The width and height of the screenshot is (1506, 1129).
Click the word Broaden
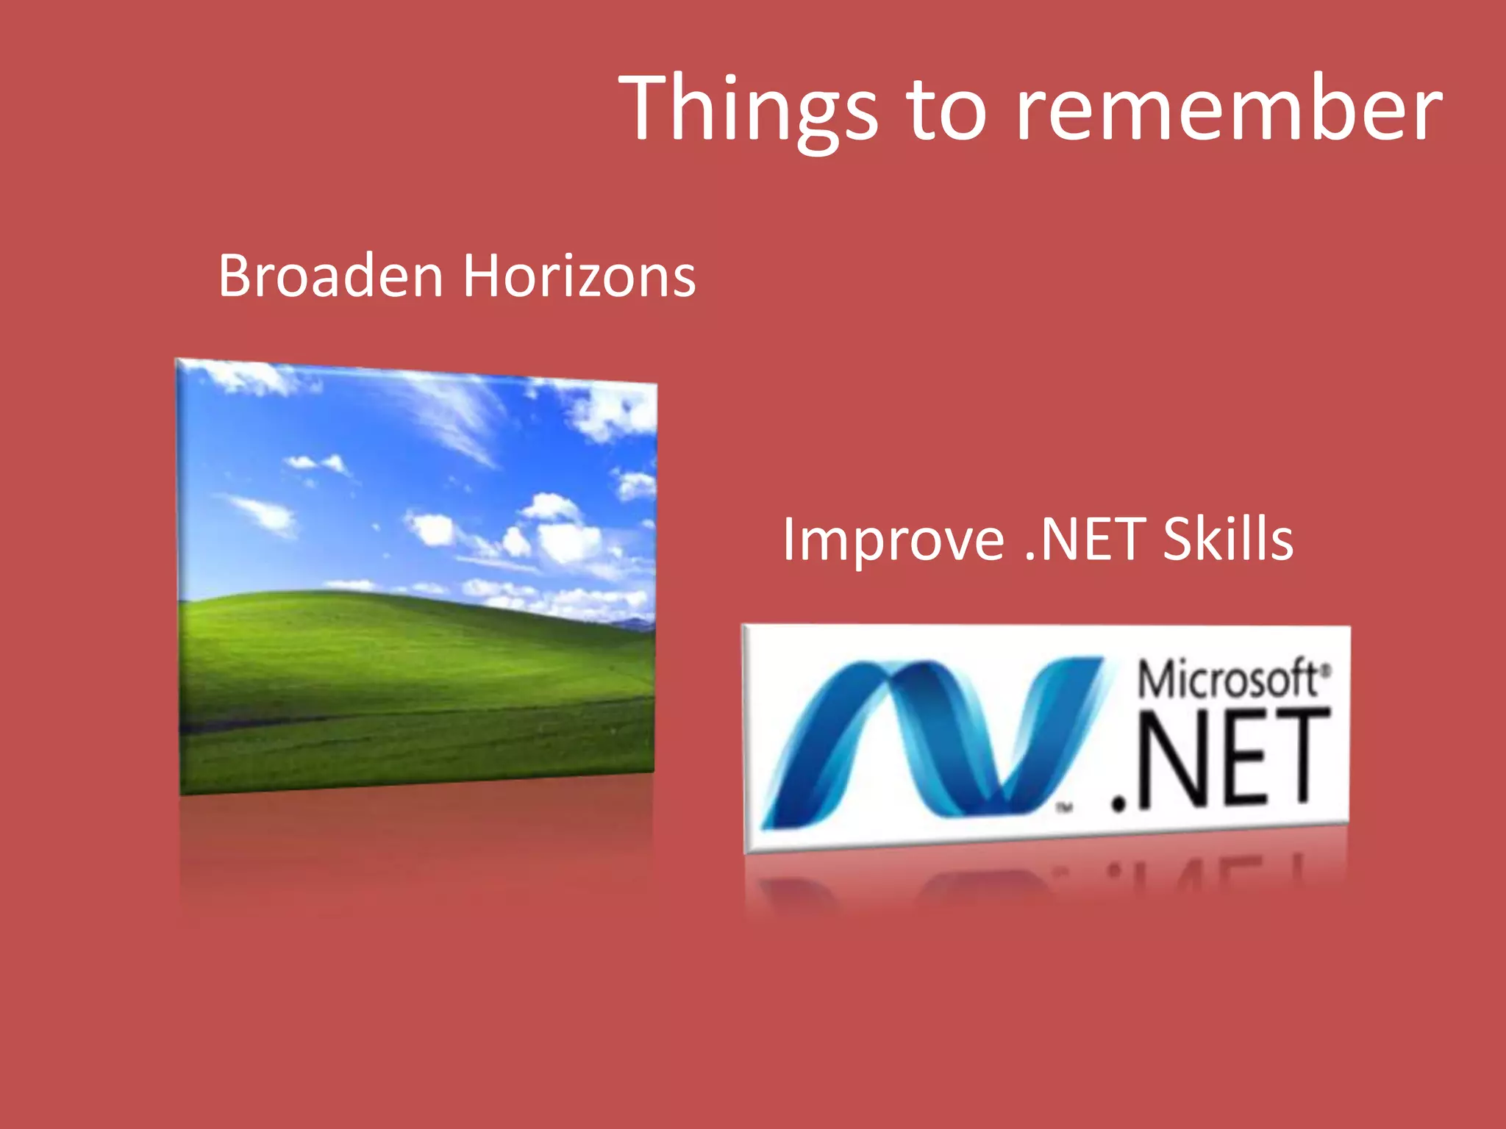point(330,276)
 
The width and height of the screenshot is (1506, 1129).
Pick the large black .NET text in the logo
point(1221,761)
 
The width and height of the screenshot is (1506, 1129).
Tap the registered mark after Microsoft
point(1326,670)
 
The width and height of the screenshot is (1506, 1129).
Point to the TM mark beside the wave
point(1065,808)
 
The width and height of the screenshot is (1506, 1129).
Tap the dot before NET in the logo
point(1119,804)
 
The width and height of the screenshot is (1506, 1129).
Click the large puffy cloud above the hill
point(563,537)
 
